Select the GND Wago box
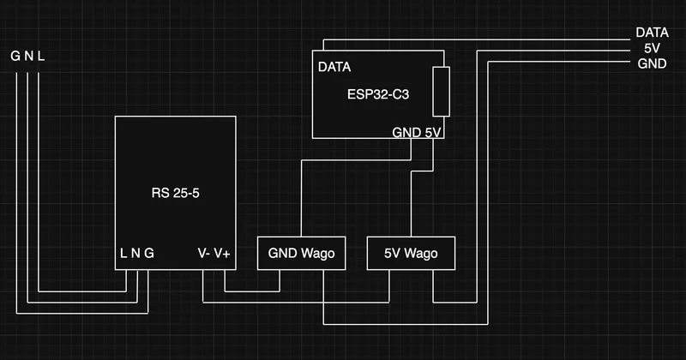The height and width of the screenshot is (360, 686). (301, 253)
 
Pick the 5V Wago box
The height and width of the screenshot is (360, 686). (410, 253)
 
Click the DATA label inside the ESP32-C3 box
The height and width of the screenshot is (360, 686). (334, 67)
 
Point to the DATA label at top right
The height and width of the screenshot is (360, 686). (652, 33)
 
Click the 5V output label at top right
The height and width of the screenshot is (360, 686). (652, 48)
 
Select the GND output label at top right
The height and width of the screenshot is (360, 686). (652, 64)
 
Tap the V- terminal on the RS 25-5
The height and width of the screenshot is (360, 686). (204, 254)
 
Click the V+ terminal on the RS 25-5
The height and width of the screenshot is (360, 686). (222, 254)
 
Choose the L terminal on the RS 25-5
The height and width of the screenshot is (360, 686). (123, 254)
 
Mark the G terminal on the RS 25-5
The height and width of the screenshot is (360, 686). (149, 254)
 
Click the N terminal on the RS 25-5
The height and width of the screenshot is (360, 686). (135, 254)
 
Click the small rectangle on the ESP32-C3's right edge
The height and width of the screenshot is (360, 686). (441, 91)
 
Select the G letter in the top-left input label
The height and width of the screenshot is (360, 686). (15, 57)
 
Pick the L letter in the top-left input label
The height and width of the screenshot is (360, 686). (42, 57)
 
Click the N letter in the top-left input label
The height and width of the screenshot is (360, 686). (29, 57)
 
